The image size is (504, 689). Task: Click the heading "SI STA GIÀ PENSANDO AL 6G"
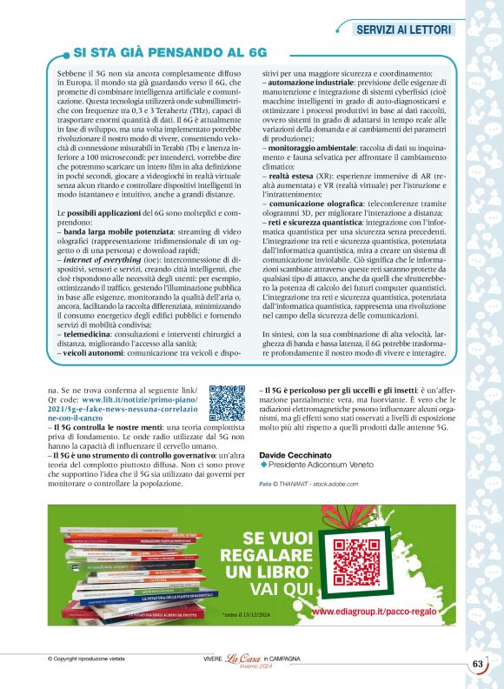coord(169,53)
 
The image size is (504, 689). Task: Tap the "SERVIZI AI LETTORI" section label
coord(405,30)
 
